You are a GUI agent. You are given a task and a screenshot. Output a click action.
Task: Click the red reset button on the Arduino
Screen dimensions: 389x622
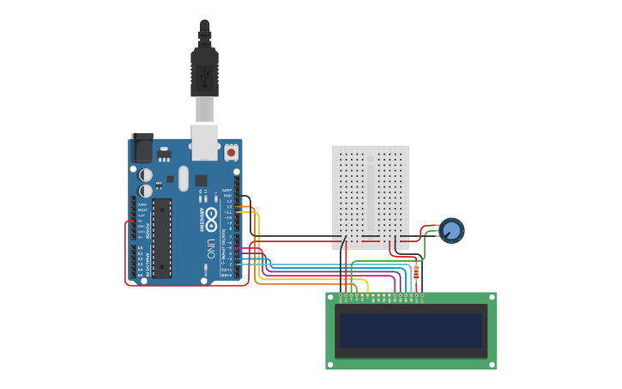[x=231, y=152]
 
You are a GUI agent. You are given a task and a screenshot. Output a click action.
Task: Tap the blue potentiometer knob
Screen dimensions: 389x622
[x=451, y=230]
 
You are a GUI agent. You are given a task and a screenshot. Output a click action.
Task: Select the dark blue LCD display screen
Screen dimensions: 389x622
[x=411, y=331]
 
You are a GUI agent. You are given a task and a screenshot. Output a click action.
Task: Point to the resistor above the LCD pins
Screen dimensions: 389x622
[x=416, y=273]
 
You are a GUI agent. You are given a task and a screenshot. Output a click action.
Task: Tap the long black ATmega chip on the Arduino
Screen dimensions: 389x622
[x=162, y=238]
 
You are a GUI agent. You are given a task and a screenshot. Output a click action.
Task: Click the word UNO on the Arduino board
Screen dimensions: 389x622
[x=211, y=248]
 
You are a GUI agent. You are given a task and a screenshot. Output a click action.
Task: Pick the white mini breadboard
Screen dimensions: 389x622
[x=371, y=196]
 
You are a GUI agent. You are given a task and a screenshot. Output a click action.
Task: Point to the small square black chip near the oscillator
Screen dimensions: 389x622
[x=201, y=180]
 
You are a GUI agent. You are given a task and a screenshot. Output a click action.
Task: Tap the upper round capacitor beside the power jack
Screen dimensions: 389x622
[x=146, y=174]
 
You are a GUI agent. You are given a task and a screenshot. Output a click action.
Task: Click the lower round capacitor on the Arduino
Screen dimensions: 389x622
[x=146, y=190]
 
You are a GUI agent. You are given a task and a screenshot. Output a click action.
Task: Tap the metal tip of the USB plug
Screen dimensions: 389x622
[x=204, y=110]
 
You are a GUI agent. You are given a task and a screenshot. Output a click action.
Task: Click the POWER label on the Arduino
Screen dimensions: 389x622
[x=148, y=231]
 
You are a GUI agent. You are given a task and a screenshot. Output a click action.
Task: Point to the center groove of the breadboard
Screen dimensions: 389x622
[x=371, y=196]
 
